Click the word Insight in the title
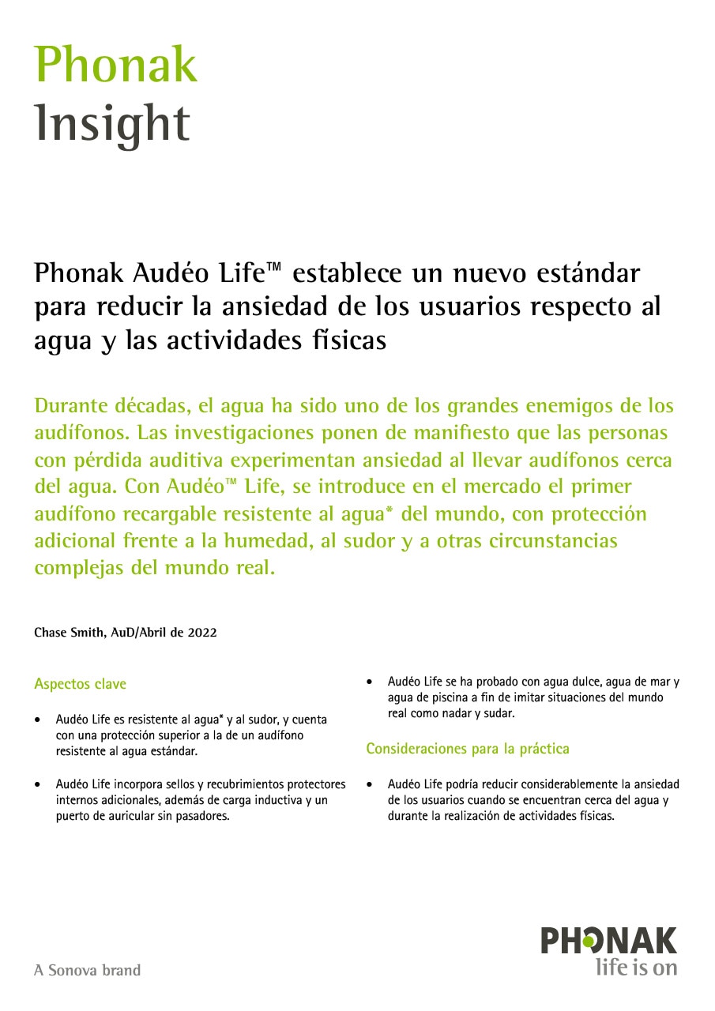(112, 123)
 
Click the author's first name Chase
(51, 633)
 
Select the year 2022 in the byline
(202, 633)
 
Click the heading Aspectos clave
(80, 684)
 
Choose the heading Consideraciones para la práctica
(467, 748)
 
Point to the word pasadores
(204, 816)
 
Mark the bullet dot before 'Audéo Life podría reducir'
(370, 785)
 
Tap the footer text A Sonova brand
(87, 970)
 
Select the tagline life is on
(636, 967)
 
